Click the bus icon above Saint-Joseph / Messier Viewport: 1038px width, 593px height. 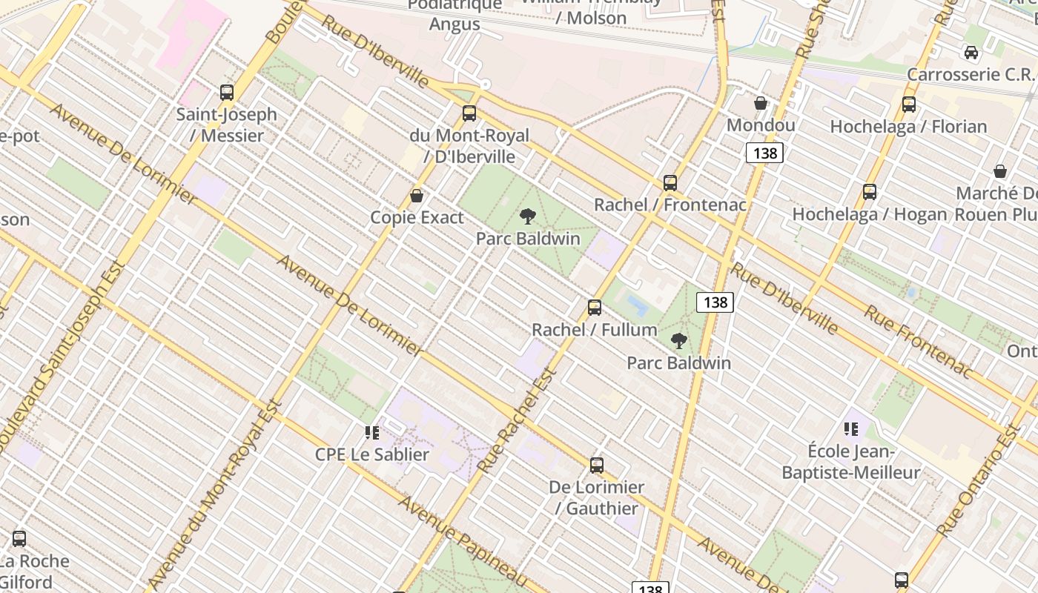227,93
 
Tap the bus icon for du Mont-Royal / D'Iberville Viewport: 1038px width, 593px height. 469,113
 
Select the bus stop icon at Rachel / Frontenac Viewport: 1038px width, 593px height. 670,182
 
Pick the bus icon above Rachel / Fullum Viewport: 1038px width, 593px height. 595,307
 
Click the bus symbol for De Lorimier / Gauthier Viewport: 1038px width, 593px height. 597,466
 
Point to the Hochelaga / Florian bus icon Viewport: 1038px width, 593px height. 909,105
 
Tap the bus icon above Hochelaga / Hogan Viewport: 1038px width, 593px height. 870,192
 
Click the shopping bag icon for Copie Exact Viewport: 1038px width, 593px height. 417,196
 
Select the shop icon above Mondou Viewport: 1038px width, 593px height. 761,103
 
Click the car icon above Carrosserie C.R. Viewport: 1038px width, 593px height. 971,53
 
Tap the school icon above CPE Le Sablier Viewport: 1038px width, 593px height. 372,432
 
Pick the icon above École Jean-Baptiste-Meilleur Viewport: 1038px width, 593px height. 851,428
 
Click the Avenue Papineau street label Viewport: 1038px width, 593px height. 463,541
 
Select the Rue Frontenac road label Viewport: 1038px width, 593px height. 916,341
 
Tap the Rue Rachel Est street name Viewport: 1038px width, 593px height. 518,422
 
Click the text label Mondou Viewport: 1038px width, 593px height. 761,125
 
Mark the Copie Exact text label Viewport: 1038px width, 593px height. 417,217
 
